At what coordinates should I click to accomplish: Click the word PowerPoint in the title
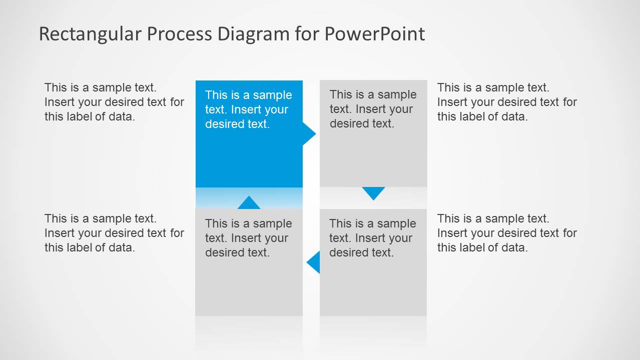tap(374, 34)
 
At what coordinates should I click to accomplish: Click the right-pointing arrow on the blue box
tap(309, 134)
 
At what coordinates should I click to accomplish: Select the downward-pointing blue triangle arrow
tap(373, 192)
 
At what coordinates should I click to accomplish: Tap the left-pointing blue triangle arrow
tap(314, 262)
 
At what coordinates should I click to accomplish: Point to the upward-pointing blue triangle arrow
tap(249, 203)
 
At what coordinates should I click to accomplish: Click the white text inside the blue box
tap(248, 109)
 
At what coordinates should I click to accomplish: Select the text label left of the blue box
tap(114, 102)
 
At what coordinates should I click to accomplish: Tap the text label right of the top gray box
tap(507, 102)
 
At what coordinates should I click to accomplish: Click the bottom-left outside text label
tap(114, 233)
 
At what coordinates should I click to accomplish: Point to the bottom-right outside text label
tap(507, 233)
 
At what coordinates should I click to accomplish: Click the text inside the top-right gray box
tap(373, 109)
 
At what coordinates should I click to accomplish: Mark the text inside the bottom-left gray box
tap(248, 238)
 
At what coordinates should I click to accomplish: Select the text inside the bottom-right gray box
tap(372, 238)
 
